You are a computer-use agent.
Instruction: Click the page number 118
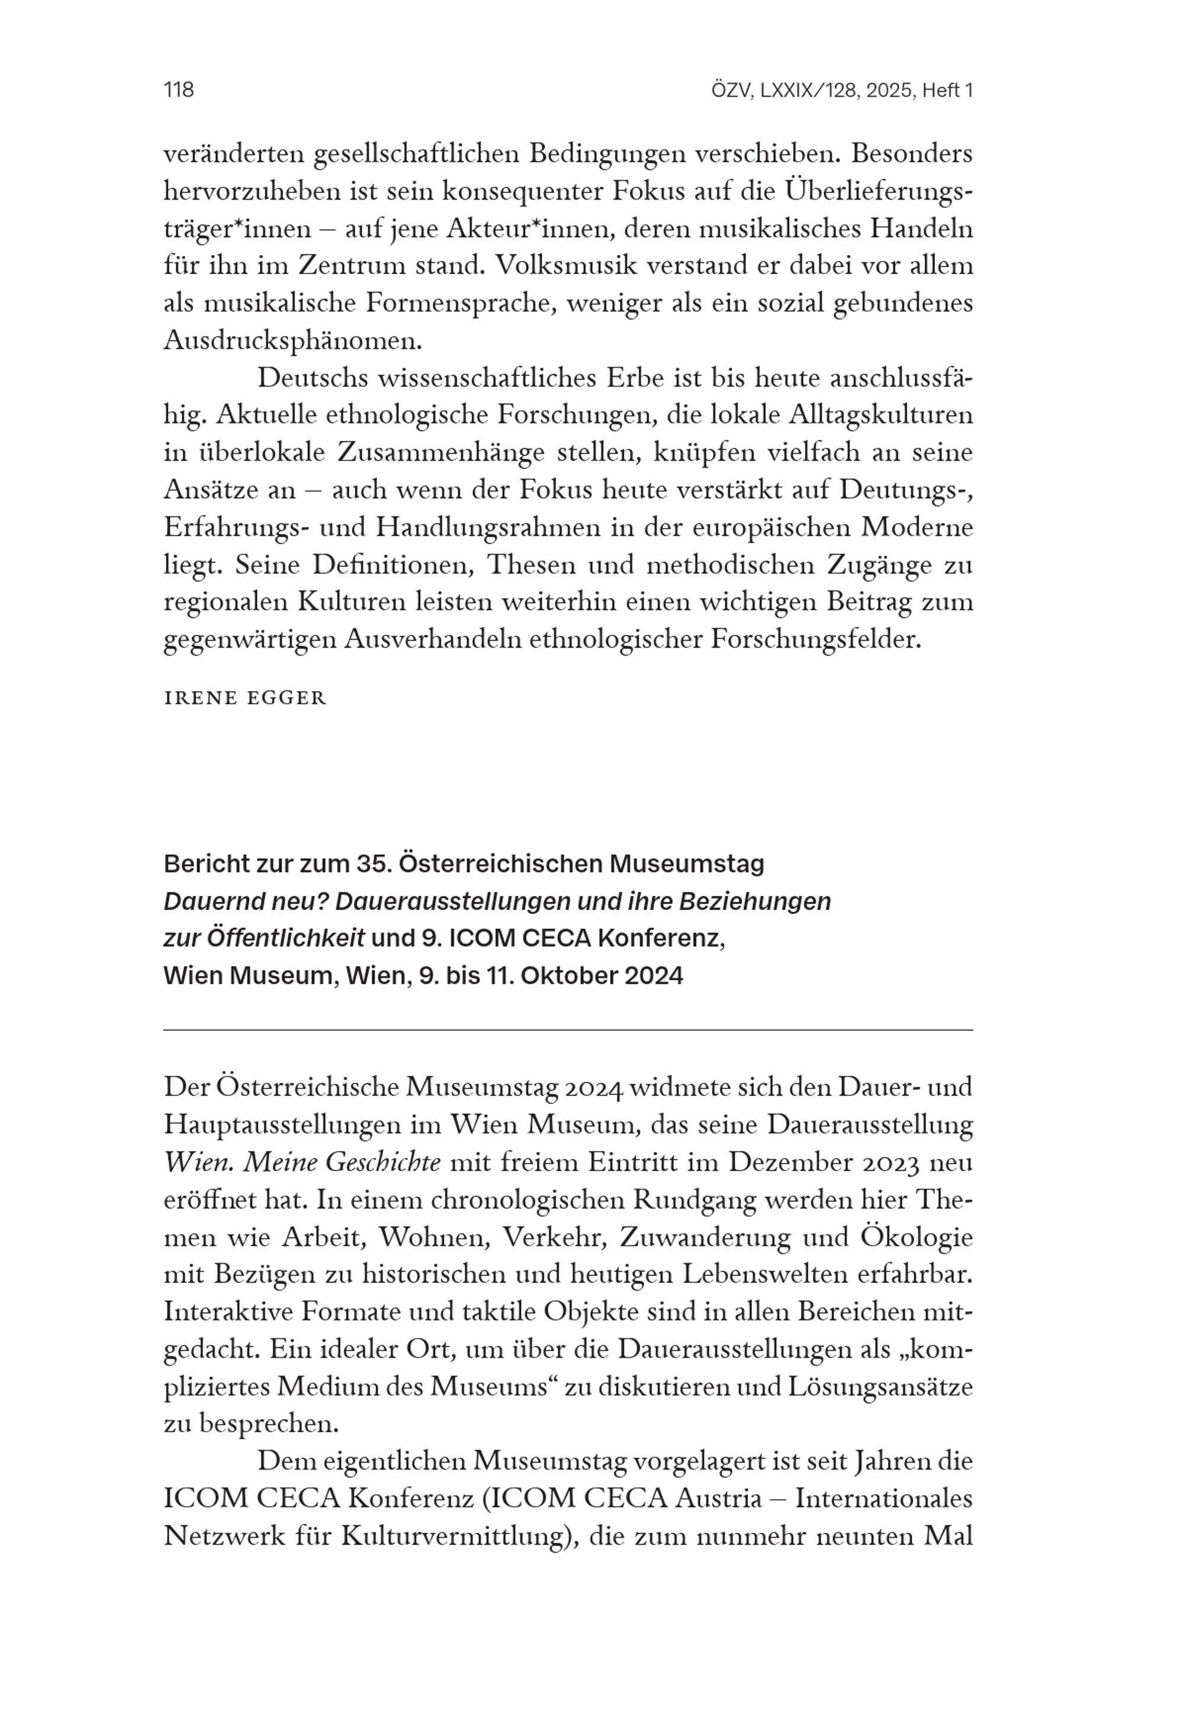click(179, 90)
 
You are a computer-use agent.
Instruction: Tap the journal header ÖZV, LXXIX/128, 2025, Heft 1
click(841, 91)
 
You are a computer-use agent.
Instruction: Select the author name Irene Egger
click(245, 698)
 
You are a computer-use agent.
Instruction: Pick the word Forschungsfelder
click(815, 639)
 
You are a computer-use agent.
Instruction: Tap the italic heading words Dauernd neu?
click(245, 901)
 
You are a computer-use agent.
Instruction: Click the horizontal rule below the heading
click(568, 1030)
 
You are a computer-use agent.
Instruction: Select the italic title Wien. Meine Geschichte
click(302, 1162)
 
